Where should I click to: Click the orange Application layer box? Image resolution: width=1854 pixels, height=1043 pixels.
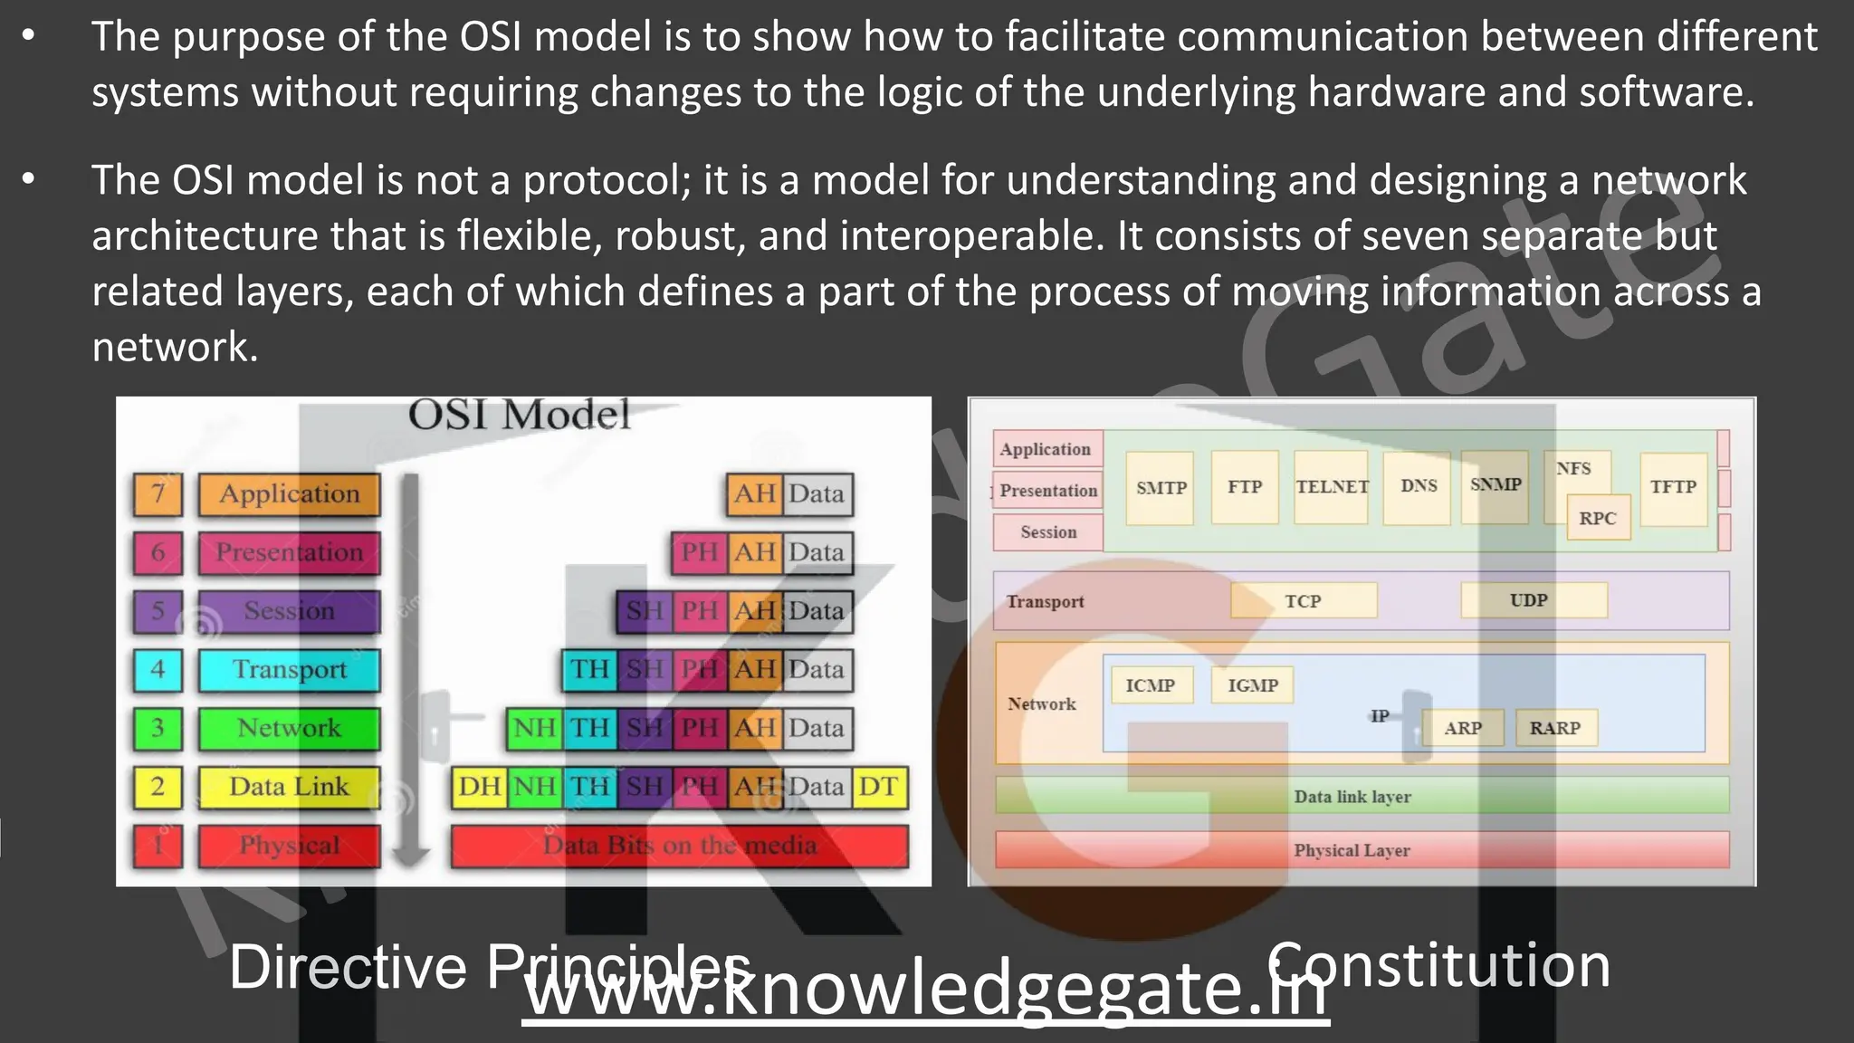(289, 494)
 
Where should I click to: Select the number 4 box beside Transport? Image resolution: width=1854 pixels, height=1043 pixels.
(158, 670)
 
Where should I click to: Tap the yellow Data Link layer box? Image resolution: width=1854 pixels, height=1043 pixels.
(289, 787)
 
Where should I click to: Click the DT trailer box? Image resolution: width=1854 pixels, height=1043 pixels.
(878, 787)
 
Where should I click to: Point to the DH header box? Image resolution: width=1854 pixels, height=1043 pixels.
(479, 787)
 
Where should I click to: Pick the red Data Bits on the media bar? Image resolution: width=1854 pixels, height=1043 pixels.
(679, 846)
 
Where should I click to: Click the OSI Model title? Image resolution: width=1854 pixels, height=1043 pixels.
(519, 416)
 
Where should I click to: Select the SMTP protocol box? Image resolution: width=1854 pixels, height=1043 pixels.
(1161, 488)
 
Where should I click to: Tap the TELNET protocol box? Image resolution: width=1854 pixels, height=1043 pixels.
(1332, 487)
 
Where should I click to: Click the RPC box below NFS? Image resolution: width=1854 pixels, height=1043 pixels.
(1598, 519)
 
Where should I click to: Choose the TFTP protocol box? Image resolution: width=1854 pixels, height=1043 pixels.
(1673, 487)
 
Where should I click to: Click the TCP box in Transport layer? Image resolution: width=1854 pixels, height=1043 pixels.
(1304, 601)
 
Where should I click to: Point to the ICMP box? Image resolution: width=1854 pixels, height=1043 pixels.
(1150, 685)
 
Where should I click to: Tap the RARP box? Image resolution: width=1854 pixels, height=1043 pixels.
(1555, 728)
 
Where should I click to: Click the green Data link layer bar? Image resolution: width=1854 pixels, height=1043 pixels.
(1352, 797)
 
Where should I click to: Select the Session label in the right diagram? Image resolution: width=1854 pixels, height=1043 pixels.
(1048, 532)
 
